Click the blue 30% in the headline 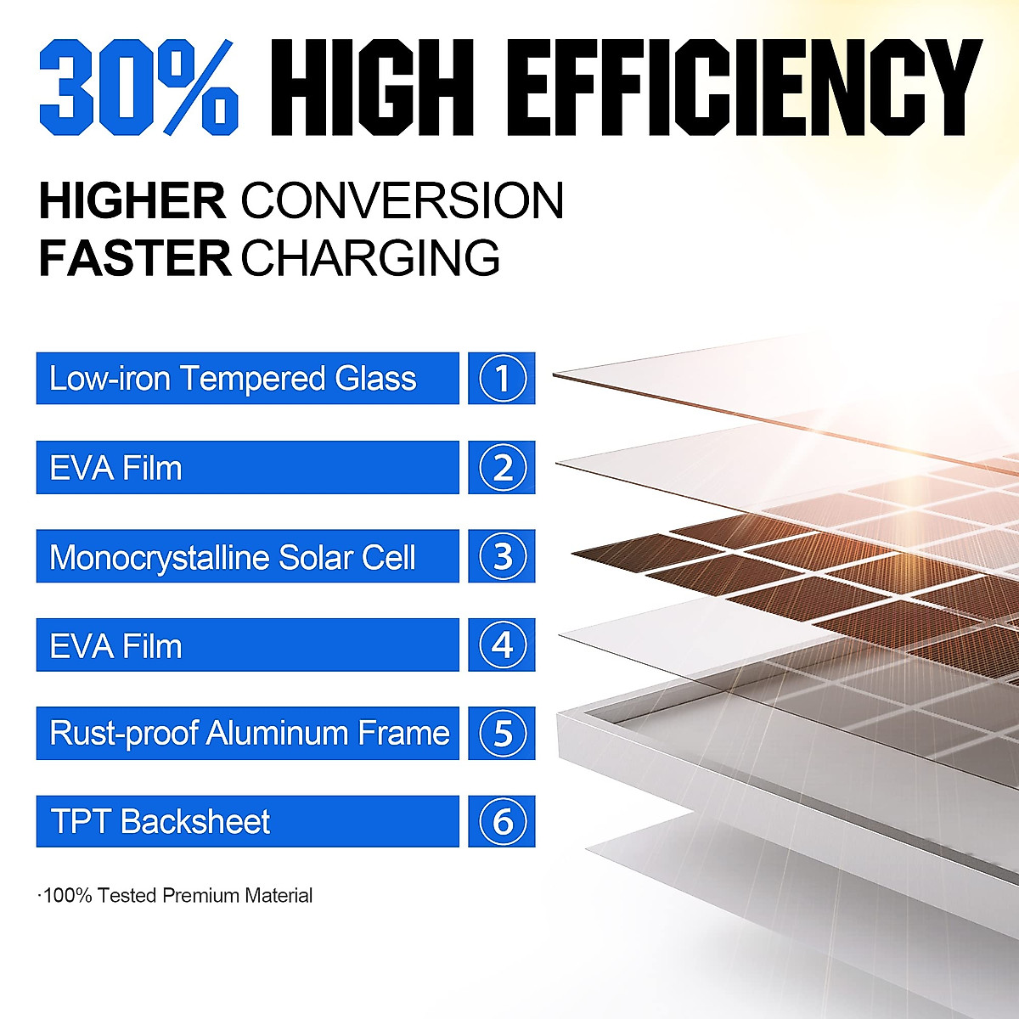[139, 87]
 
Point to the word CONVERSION [403, 200]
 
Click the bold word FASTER [135, 258]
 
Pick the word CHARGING [370, 258]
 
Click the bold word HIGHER [132, 200]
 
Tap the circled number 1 [503, 378]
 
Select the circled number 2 [503, 467]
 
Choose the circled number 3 [503, 555]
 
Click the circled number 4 [503, 645]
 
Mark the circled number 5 [503, 734]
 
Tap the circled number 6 [503, 822]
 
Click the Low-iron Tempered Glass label [233, 379]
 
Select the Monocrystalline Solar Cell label [232, 558]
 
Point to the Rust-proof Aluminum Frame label [249, 734]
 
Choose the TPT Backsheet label [160, 822]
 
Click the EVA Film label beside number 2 [115, 469]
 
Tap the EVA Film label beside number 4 [115, 646]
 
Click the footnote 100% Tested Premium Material [176, 896]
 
